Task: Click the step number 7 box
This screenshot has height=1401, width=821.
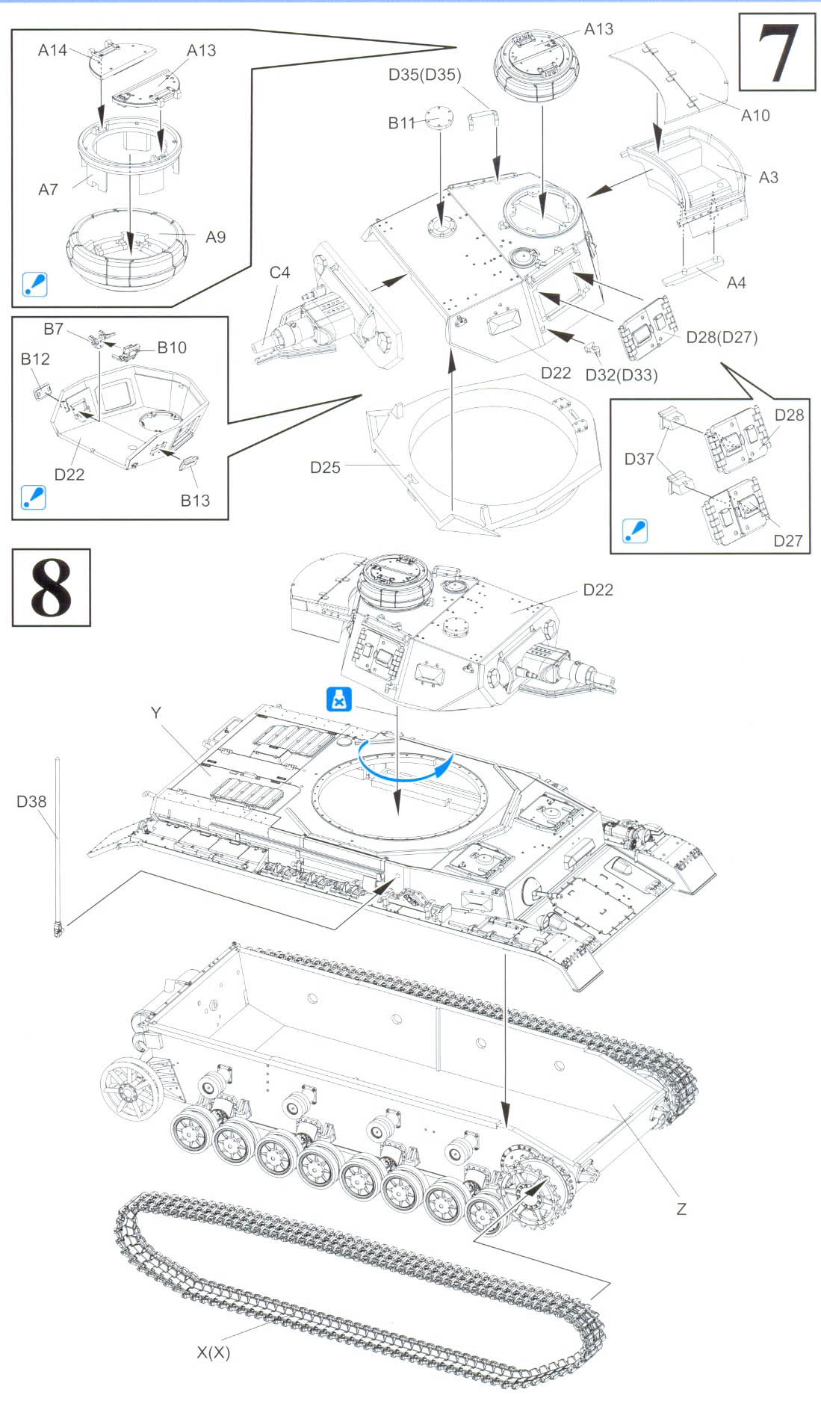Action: (x=777, y=52)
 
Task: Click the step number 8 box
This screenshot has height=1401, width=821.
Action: (x=51, y=587)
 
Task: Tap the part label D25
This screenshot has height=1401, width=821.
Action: (x=325, y=468)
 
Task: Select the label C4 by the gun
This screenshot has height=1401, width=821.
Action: (x=279, y=273)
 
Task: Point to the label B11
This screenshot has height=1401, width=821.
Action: (x=401, y=123)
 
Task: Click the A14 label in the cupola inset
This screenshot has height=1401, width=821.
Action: (x=52, y=50)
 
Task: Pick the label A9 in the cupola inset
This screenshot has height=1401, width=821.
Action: (x=215, y=237)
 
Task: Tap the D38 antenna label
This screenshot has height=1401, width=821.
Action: (x=31, y=802)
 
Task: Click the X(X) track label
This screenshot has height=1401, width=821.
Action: (x=214, y=1352)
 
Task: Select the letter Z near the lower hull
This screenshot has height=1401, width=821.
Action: (x=681, y=1209)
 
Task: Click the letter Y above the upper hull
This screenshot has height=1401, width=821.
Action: (x=155, y=713)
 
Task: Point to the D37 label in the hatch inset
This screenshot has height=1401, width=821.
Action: (x=639, y=459)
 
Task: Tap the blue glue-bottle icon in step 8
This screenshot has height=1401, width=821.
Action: (x=339, y=699)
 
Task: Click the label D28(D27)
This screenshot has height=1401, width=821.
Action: (x=722, y=337)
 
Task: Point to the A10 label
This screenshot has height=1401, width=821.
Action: (x=755, y=115)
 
